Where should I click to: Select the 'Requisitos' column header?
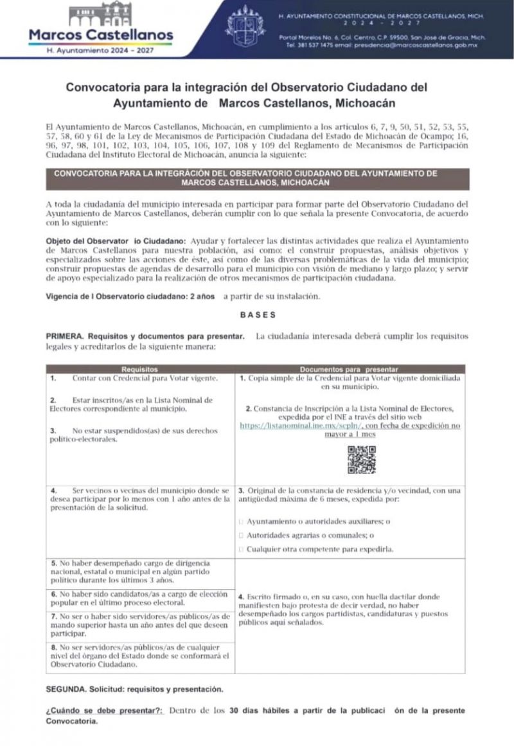point(139,370)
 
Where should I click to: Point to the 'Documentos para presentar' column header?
point(350,370)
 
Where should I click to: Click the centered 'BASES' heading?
point(257,315)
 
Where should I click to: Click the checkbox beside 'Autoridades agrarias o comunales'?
point(241,536)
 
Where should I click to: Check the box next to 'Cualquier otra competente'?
point(241,550)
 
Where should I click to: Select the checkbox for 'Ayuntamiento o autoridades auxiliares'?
point(241,522)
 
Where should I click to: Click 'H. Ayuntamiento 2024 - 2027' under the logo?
point(101,50)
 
